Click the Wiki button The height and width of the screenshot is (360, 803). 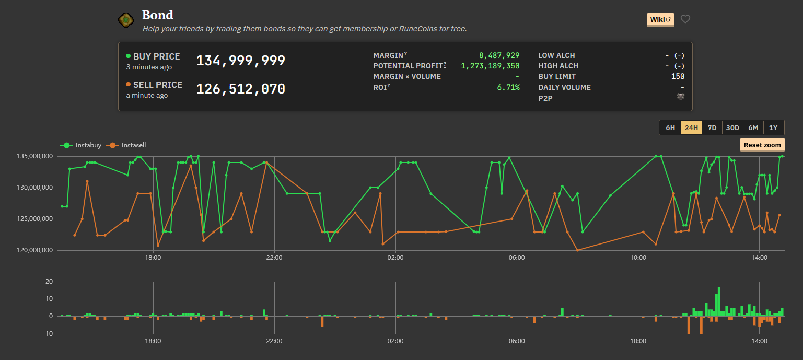(660, 20)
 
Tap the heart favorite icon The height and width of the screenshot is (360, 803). (685, 19)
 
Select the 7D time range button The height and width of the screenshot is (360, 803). (712, 127)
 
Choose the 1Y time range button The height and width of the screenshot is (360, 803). (773, 127)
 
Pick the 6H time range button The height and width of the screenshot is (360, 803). (670, 127)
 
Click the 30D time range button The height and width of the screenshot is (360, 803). (732, 127)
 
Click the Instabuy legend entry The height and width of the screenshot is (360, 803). (80, 145)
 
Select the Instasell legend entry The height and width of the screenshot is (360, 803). (126, 145)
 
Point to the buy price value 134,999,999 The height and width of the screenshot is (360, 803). (240, 61)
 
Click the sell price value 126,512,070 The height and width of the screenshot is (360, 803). (240, 89)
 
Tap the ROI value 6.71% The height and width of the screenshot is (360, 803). (508, 87)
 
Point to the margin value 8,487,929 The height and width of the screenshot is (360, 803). (499, 55)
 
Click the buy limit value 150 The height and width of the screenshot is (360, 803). (678, 76)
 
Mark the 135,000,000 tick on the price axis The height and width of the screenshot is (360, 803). (35, 156)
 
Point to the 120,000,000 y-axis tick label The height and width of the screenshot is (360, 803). (35, 250)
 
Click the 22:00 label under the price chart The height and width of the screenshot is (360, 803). (274, 258)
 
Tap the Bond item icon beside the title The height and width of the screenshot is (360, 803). (126, 20)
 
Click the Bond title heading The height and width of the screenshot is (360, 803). (158, 15)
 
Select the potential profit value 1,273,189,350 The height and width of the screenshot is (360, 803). (490, 66)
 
